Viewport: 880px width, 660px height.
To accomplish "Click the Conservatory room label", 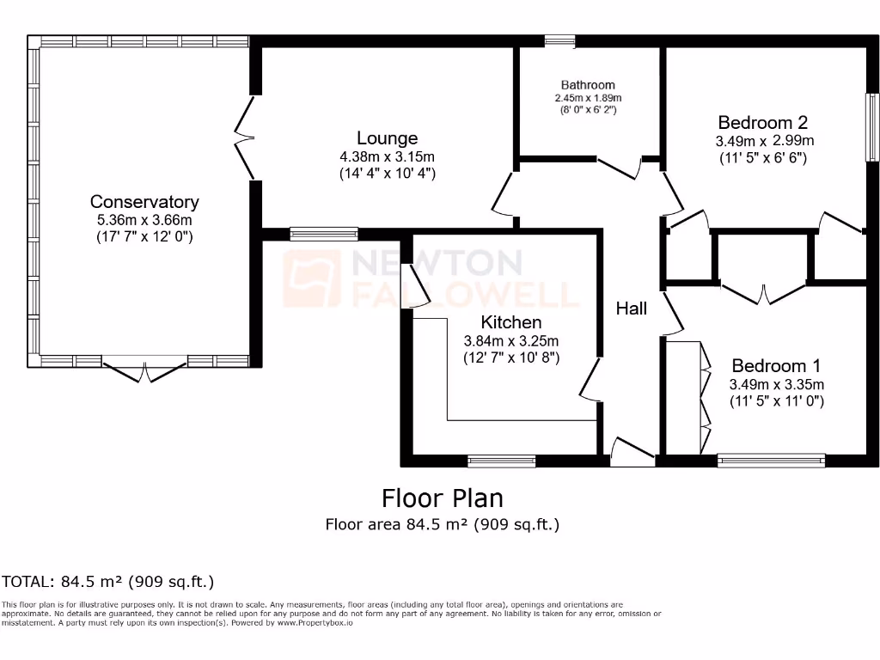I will pos(144,202).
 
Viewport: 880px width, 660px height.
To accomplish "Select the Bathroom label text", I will pos(588,85).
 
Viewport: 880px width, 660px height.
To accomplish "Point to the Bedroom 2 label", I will pos(763,122).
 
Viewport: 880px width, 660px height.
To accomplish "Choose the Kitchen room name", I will pos(510,322).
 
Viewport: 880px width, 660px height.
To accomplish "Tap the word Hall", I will pos(631,308).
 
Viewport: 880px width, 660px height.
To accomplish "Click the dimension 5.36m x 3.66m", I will pos(144,220).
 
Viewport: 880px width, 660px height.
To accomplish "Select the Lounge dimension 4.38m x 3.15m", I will pos(387,156).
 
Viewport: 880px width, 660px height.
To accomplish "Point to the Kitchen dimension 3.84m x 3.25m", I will pos(510,340).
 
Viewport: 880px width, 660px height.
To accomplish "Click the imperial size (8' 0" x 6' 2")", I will pos(588,110).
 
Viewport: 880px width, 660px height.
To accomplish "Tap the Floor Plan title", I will pos(442,498).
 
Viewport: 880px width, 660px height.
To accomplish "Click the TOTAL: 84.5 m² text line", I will pos(107,582).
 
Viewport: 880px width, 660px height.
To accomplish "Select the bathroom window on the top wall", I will pos(560,40).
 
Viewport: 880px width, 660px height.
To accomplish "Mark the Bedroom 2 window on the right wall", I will pos(872,126).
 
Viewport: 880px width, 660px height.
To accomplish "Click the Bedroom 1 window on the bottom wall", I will pos(771,461).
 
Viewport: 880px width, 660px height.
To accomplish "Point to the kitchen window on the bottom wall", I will pos(501,461).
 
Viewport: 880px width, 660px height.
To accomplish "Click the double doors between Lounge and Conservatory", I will pos(245,137).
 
